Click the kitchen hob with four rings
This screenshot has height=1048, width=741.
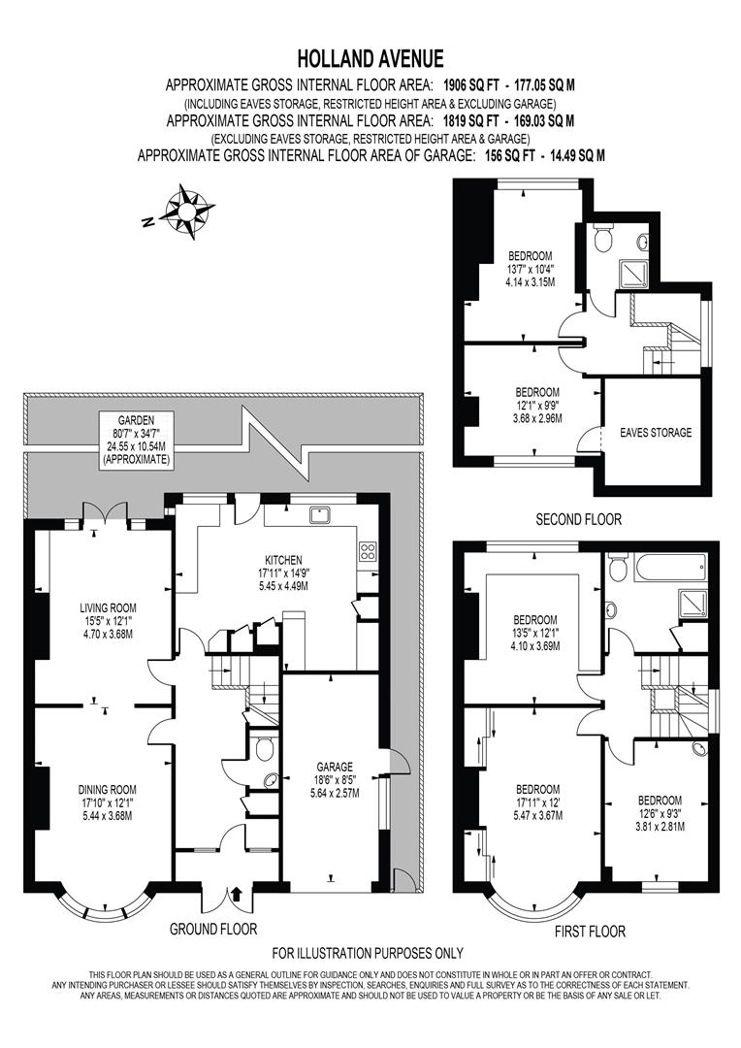click(x=368, y=552)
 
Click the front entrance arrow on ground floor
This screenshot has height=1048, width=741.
click(x=236, y=893)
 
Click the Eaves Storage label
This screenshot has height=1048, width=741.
click(x=656, y=433)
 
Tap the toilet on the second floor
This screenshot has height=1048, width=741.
click(x=606, y=238)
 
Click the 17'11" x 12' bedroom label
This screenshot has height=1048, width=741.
click(x=536, y=802)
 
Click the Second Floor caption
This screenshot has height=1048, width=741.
click(x=579, y=520)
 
